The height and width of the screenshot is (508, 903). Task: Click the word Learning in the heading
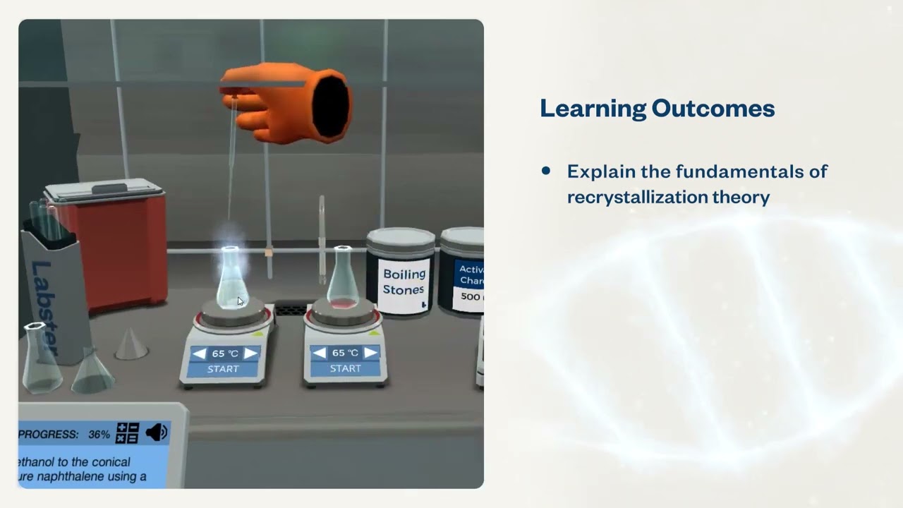[x=592, y=109]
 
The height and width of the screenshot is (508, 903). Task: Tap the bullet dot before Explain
[x=545, y=171]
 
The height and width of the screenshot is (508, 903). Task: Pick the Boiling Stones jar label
[x=404, y=282]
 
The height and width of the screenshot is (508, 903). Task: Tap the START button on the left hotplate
[x=223, y=369]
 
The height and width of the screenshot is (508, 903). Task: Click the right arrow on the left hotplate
[x=250, y=353]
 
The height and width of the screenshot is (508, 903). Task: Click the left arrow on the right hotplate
[x=320, y=353]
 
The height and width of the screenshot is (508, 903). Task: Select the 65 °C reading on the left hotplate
[x=224, y=353]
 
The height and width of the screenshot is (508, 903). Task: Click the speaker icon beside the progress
[x=156, y=433]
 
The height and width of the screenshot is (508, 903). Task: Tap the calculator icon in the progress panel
[x=128, y=433]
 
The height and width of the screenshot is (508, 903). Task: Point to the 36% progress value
[x=99, y=435]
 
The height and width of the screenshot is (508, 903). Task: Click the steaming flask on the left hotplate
[x=231, y=279]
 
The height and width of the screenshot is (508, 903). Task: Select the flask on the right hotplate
[x=342, y=279]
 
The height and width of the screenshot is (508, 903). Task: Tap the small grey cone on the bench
[x=131, y=343]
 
